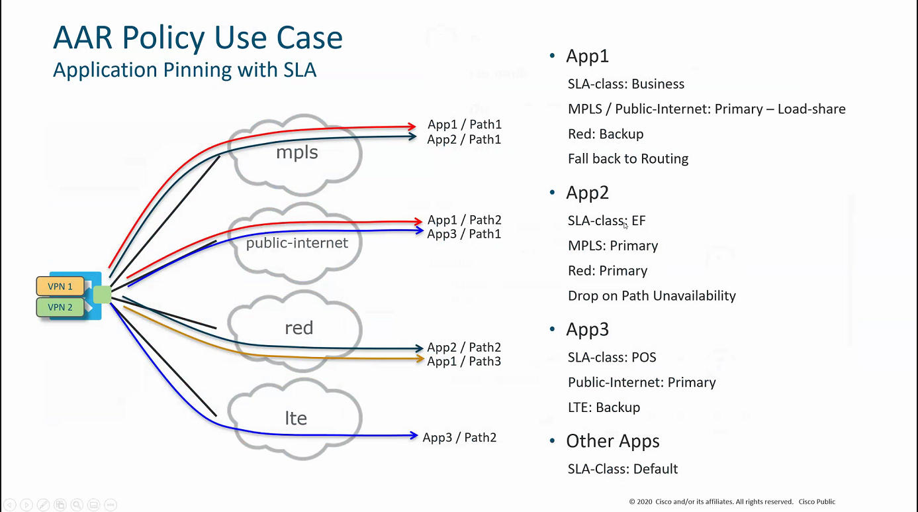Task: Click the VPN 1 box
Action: (60, 286)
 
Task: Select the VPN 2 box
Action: (60, 307)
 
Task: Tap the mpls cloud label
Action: (297, 152)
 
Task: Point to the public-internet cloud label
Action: (297, 243)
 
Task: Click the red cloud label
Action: (298, 328)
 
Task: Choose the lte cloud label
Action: (296, 418)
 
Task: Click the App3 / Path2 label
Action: (459, 437)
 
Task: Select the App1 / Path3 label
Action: (464, 362)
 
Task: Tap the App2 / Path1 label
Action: (464, 140)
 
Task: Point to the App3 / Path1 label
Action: (464, 234)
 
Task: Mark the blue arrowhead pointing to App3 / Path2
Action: (414, 435)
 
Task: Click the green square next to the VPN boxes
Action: (102, 295)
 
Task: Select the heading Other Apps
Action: (613, 441)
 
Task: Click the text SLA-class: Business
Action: (626, 83)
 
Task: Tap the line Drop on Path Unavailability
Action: (652, 295)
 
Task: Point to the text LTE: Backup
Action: (604, 407)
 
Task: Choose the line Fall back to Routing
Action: (628, 159)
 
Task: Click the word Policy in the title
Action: (163, 38)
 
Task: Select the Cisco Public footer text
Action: (817, 501)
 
